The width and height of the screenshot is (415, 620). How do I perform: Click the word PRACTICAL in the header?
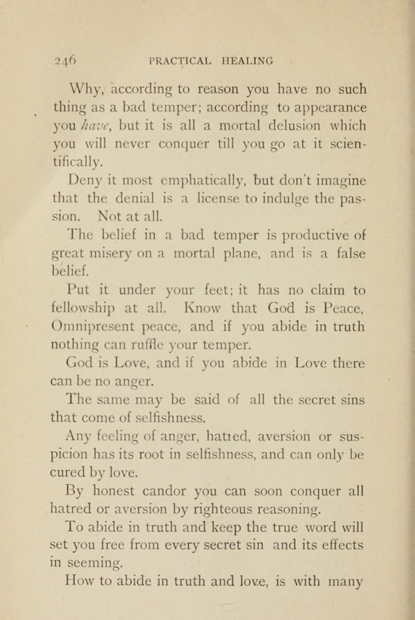[x=179, y=60]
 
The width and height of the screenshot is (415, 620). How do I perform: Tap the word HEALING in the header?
[x=246, y=60]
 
